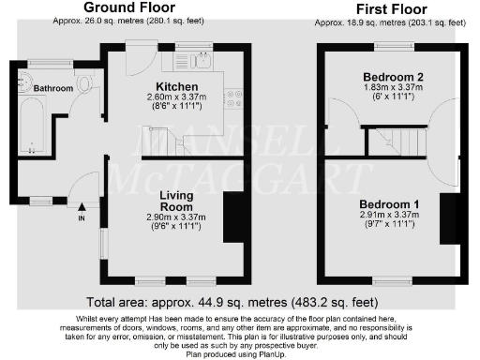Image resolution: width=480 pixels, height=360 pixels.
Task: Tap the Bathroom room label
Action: pyautogui.click(x=53, y=88)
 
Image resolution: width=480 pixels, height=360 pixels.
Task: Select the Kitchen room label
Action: pyautogui.click(x=177, y=86)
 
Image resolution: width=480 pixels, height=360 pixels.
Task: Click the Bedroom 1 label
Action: pyautogui.click(x=389, y=203)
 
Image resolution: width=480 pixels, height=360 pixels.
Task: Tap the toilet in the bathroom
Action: pyautogui.click(x=86, y=85)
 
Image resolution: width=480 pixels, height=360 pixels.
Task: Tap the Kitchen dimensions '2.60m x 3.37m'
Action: pyautogui.click(x=177, y=97)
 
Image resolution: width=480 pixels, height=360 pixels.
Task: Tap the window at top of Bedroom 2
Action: pyautogui.click(x=391, y=46)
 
